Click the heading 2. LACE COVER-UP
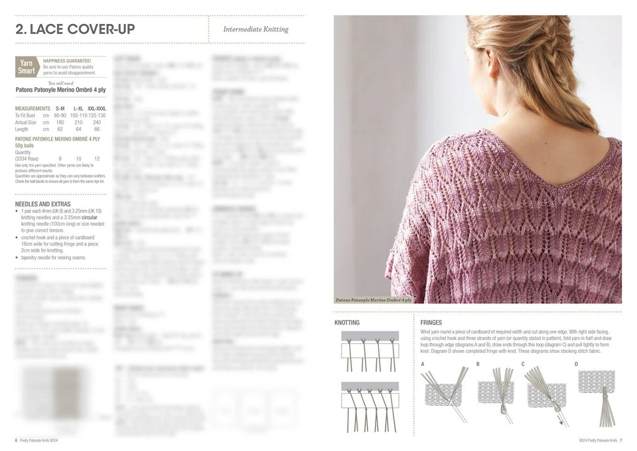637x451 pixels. pos(75,29)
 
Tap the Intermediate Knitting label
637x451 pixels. pos(255,29)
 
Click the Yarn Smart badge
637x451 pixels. pos(27,67)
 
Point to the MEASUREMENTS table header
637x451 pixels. pos(33,108)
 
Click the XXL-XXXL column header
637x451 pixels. pos(96,108)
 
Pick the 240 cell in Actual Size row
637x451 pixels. pos(97,122)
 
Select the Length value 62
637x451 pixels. pos(60,130)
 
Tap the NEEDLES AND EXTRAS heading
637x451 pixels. pos(42,205)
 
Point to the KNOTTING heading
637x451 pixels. pos(347,323)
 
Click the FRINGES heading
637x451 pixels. pos(431,323)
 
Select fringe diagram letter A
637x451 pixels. pos(423,364)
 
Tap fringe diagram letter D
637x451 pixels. pos(576,364)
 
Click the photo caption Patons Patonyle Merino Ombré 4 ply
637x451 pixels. pos(374,300)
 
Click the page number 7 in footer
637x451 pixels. pos(621,440)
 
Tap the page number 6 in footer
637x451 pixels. pos(17,440)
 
